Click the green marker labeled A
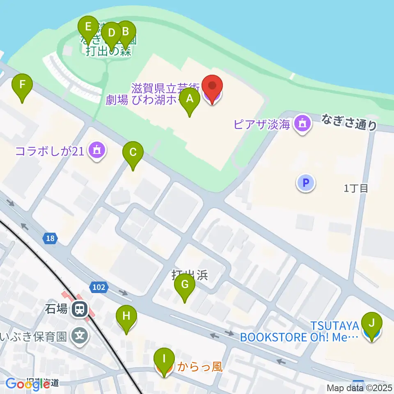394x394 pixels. [x=189, y=99]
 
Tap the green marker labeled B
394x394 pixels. [x=126, y=32]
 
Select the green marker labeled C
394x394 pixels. [x=133, y=152]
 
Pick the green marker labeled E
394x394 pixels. [x=88, y=27]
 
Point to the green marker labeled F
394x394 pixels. [x=22, y=85]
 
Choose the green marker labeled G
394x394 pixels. [x=185, y=284]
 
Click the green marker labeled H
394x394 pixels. [x=126, y=316]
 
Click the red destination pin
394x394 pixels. [x=213, y=87]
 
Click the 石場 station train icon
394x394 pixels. [x=79, y=309]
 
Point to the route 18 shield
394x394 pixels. [x=50, y=238]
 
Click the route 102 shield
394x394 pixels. [x=99, y=288]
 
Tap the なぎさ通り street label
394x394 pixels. [x=349, y=122]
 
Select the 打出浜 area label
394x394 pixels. [x=190, y=275]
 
